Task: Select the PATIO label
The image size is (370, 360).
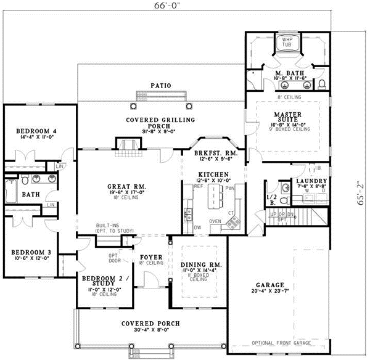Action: (160, 85)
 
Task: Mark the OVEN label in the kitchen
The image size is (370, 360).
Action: (215, 221)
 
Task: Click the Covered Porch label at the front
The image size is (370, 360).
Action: (150, 323)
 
